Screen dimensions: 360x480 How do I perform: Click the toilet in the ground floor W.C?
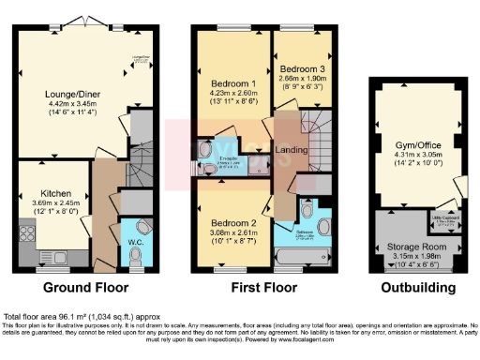137,254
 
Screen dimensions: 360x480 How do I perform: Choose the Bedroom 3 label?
302,69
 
